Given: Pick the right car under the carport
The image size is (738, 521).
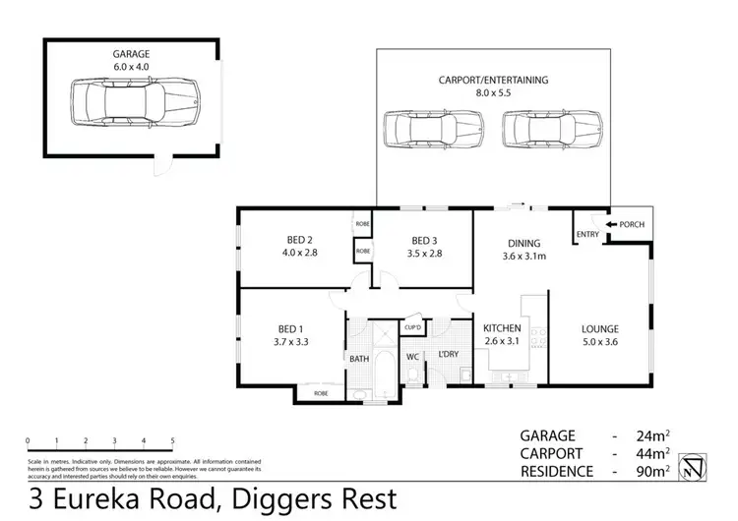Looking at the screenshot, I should [x=553, y=128].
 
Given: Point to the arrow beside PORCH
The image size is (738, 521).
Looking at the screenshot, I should [x=611, y=225].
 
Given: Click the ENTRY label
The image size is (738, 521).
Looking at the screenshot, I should [x=587, y=234].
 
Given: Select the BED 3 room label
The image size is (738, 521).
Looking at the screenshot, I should [x=424, y=248].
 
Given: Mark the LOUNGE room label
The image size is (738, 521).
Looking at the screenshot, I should [x=598, y=335].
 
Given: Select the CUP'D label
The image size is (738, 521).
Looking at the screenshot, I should [x=412, y=327].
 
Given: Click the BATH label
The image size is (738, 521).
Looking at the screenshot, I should [x=359, y=359].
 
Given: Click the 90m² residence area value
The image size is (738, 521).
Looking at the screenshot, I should [x=652, y=471].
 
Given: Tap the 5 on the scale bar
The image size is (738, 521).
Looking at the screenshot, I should [x=172, y=441].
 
